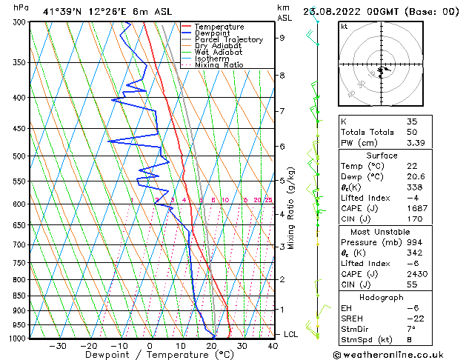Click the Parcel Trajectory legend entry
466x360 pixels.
tap(228, 40)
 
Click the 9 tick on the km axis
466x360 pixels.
tap(282, 38)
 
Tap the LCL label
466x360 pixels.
tap(291, 335)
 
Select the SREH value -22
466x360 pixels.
tap(413, 319)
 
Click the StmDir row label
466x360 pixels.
tap(355, 330)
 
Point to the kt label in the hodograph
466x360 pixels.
tap(344, 27)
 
